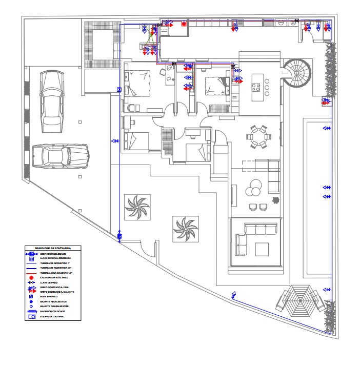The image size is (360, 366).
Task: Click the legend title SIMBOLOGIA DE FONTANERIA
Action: tap(53, 248)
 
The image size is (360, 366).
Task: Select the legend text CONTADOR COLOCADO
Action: tap(53, 254)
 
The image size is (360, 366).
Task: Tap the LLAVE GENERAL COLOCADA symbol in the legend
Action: tap(31, 258)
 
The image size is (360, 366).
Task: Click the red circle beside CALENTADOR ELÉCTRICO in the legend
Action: tap(31, 277)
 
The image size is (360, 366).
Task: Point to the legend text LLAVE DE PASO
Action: tap(49, 282)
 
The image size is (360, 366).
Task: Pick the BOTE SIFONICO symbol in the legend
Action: tap(31, 297)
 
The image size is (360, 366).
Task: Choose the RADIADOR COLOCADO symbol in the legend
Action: tap(31, 312)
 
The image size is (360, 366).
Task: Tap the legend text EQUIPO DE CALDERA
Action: tap(52, 317)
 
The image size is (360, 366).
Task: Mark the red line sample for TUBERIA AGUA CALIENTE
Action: tap(31, 273)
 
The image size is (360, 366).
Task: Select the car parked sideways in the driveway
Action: tap(61, 155)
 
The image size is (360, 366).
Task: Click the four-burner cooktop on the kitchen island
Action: tap(267, 87)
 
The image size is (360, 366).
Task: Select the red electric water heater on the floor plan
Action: tap(183, 24)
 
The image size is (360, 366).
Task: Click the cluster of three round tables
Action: tap(253, 188)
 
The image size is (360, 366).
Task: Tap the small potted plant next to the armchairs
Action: tap(276, 200)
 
